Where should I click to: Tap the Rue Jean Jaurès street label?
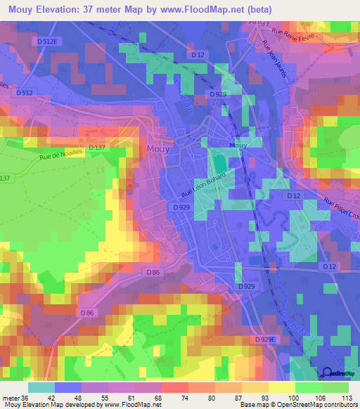coord(274,63)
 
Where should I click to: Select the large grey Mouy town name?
coord(157,148)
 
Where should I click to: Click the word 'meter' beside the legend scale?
coord(11,397)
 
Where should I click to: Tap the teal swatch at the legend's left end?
coord(41,387)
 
